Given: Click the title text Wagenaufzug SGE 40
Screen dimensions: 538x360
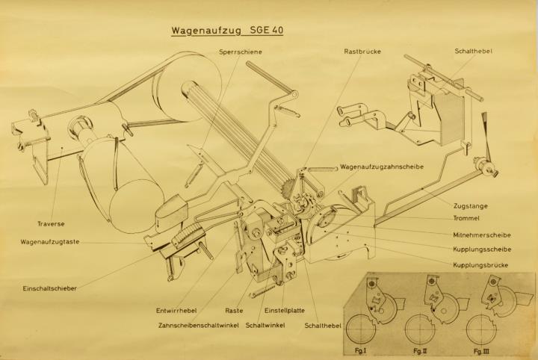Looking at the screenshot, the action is coord(227,30).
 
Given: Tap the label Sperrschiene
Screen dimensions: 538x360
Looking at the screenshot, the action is coord(241,52).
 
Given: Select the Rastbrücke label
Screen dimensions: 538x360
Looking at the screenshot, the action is coord(362,52).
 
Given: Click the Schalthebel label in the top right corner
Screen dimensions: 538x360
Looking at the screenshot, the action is coord(474,51).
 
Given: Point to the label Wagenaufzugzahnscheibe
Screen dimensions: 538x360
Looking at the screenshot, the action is coord(382,167).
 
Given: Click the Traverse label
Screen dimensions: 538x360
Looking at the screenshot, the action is coord(51,224).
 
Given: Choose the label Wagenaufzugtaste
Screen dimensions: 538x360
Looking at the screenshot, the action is coord(50,242).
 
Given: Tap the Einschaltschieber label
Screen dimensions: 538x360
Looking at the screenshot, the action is coord(50,288).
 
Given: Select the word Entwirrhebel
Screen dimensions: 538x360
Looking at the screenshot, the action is coord(176,311).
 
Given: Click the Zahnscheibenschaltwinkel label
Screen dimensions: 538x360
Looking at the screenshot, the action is coord(198,325).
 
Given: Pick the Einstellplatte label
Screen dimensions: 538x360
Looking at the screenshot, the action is coord(285,311).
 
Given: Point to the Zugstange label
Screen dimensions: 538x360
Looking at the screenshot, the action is coord(471,206).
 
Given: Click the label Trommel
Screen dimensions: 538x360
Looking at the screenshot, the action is coord(466,218).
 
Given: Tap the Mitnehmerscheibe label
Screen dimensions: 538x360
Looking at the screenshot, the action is coord(482,235).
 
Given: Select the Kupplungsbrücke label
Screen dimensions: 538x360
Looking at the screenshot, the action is coord(480,265).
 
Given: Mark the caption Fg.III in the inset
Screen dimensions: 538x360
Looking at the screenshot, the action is coord(482,351).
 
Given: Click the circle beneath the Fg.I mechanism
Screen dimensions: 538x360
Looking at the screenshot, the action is coord(361,329).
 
